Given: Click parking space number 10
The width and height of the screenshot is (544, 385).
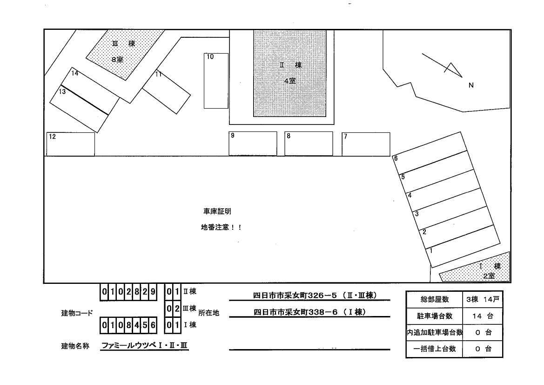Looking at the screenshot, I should click(216, 81).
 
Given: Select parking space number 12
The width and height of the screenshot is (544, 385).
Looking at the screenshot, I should click(70, 144).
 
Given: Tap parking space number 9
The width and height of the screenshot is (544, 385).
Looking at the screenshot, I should click(252, 144).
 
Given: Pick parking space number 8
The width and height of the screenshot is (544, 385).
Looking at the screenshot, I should click(309, 144).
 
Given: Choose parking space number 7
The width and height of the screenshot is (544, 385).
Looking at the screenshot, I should click(366, 144).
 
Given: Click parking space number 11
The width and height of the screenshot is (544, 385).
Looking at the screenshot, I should click(167, 92).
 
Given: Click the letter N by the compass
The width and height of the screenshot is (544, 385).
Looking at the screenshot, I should click(470, 85).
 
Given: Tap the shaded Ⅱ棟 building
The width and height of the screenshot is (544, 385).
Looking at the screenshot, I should click(290, 73).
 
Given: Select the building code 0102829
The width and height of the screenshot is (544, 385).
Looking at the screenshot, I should click(129, 292).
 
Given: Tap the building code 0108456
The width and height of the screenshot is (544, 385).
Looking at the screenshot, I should click(129, 325).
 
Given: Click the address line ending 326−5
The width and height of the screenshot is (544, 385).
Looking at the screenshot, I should click(315, 296).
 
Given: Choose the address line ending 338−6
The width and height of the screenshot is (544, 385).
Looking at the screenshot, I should click(308, 312).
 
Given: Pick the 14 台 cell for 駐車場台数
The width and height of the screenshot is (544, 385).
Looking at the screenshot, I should click(483, 316).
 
